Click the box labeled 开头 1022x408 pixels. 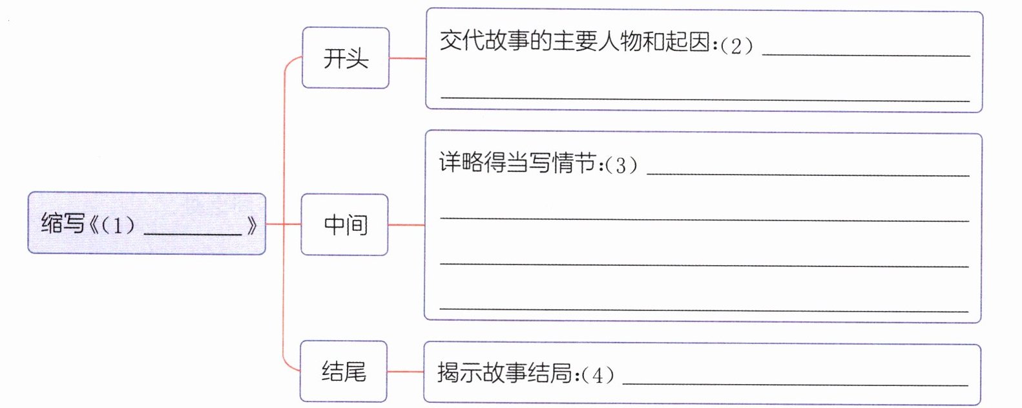click(x=346, y=58)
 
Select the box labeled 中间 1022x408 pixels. click(x=345, y=224)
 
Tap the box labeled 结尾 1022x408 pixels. click(x=344, y=372)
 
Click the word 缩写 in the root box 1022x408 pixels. click(x=63, y=224)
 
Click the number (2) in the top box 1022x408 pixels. click(x=736, y=45)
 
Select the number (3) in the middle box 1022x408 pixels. click(x=621, y=165)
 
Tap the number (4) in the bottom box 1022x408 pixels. click(x=598, y=375)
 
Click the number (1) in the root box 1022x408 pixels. click(x=118, y=225)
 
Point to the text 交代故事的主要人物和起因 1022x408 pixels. click(x=575, y=42)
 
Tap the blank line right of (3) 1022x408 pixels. click(x=808, y=175)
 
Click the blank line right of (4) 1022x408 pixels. click(x=795, y=385)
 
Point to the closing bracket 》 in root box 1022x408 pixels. click(x=252, y=225)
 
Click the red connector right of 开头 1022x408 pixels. click(x=407, y=59)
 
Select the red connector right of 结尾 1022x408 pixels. click(x=405, y=372)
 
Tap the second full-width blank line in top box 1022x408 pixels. click(x=704, y=100)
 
